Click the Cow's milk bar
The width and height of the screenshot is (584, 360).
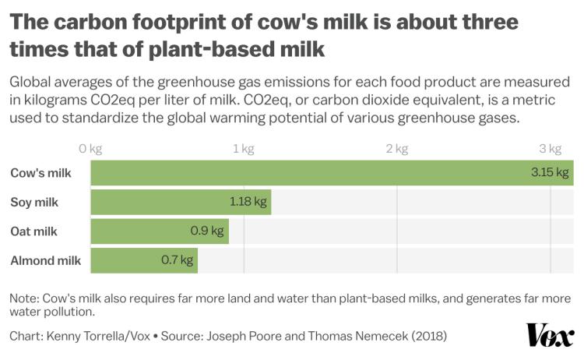(311, 173)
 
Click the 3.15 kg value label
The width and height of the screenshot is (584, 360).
(550, 173)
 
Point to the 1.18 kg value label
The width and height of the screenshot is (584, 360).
(248, 202)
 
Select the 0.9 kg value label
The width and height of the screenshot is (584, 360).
(206, 231)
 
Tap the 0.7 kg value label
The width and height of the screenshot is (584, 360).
(177, 260)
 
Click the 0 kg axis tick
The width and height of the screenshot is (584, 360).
(90, 149)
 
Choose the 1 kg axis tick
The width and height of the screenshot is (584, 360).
(244, 149)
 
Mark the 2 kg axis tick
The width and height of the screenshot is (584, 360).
(397, 149)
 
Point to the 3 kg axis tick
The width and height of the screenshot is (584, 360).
(551, 149)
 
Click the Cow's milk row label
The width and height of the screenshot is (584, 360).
(40, 173)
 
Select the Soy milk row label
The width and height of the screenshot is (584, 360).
(34, 203)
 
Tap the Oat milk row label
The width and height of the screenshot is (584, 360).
(33, 231)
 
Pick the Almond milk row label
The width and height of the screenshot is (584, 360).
(46, 260)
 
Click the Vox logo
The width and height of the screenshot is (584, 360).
(550, 335)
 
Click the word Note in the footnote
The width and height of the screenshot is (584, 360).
(23, 298)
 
